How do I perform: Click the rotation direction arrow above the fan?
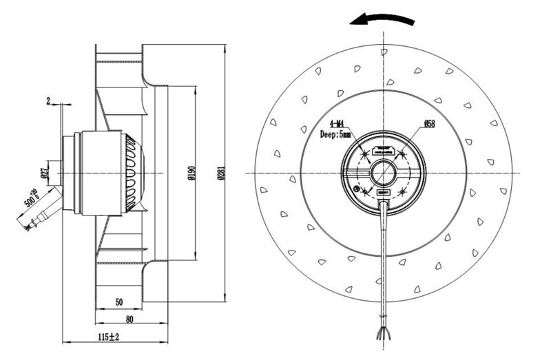(382, 20)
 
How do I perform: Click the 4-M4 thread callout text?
(333, 124)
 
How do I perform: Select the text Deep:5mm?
(335, 135)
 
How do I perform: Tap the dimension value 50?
(118, 301)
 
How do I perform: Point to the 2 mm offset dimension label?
(48, 101)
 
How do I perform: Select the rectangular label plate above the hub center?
(384, 149)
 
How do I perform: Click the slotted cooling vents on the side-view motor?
(131, 172)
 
